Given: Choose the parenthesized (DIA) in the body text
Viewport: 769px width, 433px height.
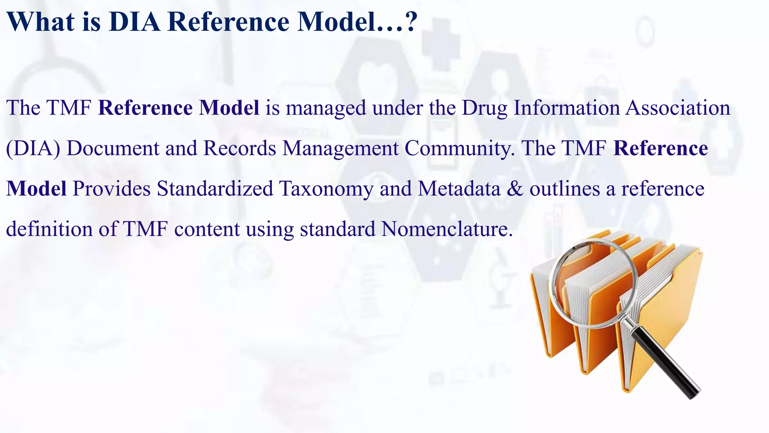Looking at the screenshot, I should click(33, 148).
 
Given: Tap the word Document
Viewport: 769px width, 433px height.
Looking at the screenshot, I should click(113, 148).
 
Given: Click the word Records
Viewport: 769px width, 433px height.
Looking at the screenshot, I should click(240, 148).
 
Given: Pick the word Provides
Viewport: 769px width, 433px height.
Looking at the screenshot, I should click(112, 189).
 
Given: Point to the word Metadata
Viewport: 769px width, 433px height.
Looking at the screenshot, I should click(459, 189).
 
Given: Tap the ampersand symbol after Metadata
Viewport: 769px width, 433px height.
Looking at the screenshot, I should click(515, 189).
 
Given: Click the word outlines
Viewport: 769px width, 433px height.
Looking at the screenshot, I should click(564, 189).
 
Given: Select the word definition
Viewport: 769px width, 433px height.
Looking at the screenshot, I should click(49, 229).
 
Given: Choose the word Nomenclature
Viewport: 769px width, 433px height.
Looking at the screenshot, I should click(447, 229).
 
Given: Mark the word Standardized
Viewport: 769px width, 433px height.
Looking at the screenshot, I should click(215, 189).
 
